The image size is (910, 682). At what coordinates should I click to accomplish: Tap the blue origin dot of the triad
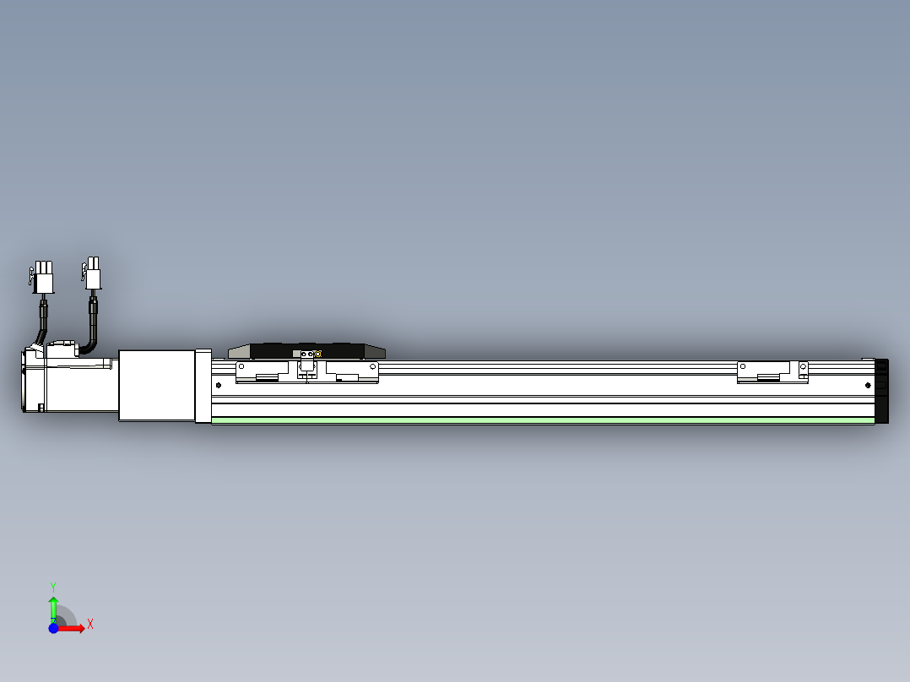[x=53, y=628]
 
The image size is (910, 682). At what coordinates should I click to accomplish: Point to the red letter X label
[x=89, y=624]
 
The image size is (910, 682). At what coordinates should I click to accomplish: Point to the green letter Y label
[x=53, y=586]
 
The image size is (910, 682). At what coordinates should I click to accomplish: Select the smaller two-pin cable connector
[x=93, y=275]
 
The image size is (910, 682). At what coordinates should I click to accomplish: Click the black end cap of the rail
[x=882, y=390]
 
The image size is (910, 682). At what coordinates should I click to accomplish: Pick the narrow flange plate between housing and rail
[x=203, y=386]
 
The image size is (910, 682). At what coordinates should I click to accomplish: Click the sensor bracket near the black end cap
[x=772, y=372]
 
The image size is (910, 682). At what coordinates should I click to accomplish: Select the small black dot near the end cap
[x=866, y=384]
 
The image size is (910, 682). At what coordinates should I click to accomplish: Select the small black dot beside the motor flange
[x=219, y=385]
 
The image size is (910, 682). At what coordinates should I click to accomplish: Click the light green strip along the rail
[x=540, y=419]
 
